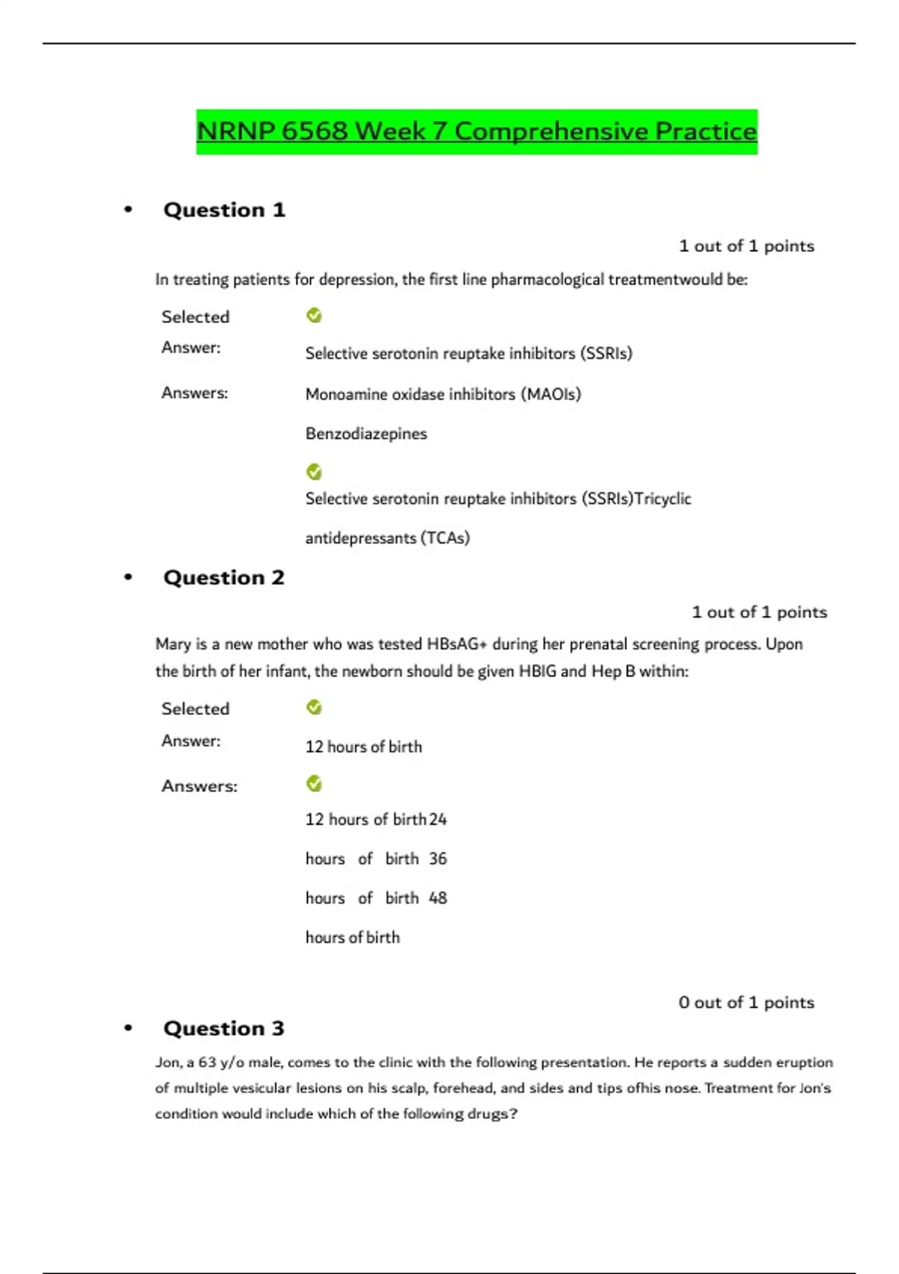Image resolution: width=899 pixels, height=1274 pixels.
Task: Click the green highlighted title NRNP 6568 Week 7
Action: pyautogui.click(x=476, y=131)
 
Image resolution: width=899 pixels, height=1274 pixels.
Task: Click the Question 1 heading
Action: pyautogui.click(x=224, y=210)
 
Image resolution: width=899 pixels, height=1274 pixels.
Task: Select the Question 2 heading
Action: pyautogui.click(x=224, y=578)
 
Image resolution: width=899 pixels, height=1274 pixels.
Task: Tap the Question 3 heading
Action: pyautogui.click(x=224, y=1028)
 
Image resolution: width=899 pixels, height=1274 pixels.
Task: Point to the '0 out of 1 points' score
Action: pyautogui.click(x=746, y=1003)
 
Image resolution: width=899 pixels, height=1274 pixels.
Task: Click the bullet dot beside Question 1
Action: pyautogui.click(x=128, y=210)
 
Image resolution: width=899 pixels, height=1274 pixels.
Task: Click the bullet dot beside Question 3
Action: pyautogui.click(x=128, y=1028)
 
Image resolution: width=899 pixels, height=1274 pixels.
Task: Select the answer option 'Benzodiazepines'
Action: pyautogui.click(x=366, y=434)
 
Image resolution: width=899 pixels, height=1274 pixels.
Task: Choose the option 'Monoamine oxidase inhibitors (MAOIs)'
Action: pyautogui.click(x=443, y=394)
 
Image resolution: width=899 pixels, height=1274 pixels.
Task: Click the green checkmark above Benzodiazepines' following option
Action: pyautogui.click(x=314, y=472)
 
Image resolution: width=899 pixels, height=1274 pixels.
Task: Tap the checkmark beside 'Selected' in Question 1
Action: pyautogui.click(x=314, y=316)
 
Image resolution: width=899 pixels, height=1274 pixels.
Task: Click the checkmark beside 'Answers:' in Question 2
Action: pyautogui.click(x=314, y=784)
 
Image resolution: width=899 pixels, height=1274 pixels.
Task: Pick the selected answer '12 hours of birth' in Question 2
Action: pyautogui.click(x=363, y=746)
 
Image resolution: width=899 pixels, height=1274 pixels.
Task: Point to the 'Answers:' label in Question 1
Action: pyautogui.click(x=195, y=393)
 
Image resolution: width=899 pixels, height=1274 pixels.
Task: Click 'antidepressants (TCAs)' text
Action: pyautogui.click(x=387, y=538)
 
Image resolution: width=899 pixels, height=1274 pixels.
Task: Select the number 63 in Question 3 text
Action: pyautogui.click(x=208, y=1063)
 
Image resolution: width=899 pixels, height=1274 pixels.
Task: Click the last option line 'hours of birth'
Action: pyautogui.click(x=353, y=938)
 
